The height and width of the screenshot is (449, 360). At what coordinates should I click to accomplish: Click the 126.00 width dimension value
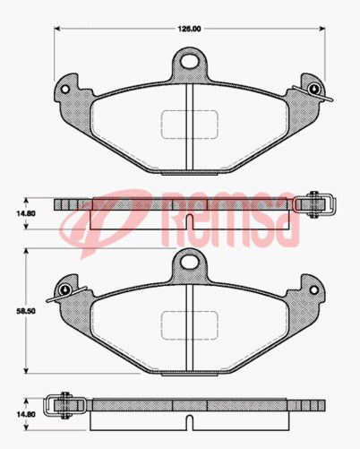click(x=188, y=29)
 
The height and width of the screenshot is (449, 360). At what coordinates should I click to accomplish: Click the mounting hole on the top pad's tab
click(x=188, y=62)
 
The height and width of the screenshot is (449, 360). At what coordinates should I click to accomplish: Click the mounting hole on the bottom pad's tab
click(x=188, y=262)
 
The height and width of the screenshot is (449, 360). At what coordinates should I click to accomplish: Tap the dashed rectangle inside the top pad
click(x=187, y=124)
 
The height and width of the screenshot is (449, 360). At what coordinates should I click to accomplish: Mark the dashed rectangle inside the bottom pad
click(x=187, y=324)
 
